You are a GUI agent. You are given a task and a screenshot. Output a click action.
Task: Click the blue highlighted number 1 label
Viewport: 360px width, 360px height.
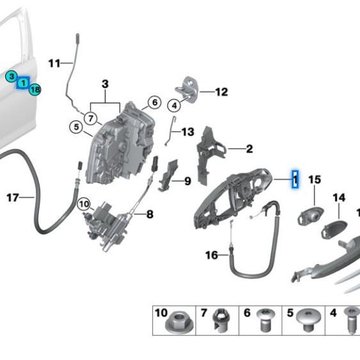295,178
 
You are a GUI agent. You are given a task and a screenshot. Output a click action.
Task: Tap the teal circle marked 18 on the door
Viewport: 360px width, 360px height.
35,90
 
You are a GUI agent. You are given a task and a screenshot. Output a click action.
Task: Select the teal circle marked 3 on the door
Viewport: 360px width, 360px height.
11,76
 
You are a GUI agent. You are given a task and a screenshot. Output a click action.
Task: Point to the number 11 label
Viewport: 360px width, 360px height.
54,63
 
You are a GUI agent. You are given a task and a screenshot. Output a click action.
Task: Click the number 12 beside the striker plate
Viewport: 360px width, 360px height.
221,92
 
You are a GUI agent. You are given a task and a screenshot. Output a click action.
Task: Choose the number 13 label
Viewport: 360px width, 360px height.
187,132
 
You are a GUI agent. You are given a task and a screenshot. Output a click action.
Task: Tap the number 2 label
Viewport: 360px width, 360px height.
249,149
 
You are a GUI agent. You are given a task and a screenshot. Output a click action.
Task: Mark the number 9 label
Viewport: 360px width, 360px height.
187,182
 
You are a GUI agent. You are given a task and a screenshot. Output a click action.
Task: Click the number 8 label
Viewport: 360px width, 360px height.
149,214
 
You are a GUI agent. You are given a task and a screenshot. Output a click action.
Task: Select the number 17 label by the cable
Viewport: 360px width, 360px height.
12,198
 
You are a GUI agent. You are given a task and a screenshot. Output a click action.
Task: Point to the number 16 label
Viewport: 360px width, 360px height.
212,255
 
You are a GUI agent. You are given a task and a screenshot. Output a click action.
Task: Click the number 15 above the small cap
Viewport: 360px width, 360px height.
314,180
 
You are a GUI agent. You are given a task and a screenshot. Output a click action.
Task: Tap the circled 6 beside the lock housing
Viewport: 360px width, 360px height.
153,102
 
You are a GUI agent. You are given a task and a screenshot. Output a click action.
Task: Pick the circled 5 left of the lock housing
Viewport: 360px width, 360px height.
76,129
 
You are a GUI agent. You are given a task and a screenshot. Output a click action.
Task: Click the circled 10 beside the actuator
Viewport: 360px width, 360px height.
84,205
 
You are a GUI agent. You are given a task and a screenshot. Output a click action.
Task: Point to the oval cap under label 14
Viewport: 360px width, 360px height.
334,228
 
